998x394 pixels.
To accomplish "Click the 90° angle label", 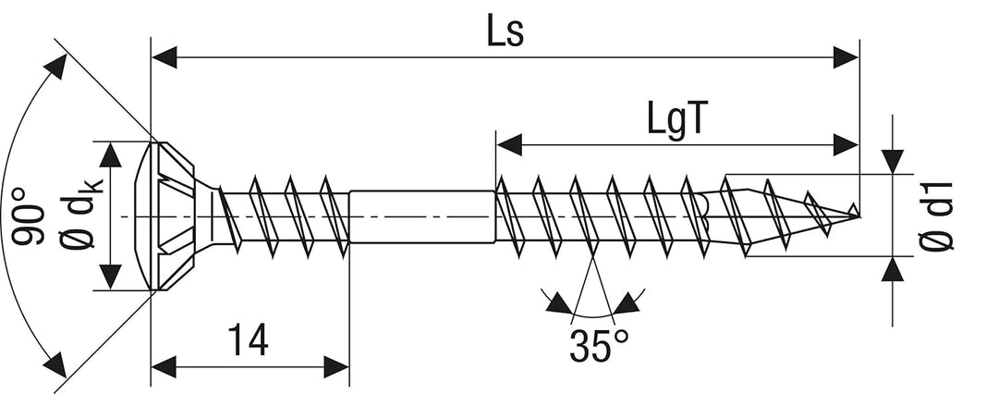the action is tap(28, 215).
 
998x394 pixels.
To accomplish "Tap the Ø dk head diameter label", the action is tap(80, 214).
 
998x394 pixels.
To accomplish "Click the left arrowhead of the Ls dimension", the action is tap(164, 57).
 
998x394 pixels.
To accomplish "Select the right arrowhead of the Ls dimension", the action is tap(846, 57).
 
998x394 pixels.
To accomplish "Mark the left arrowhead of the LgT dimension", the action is tap(509, 144).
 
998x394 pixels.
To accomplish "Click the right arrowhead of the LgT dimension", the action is tap(846, 144).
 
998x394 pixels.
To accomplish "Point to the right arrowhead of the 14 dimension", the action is tap(336, 367).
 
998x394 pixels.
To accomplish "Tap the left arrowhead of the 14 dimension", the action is tap(164, 367).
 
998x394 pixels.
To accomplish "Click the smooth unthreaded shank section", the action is tap(422, 216).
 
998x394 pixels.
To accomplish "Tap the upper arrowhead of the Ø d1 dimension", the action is tap(893, 162).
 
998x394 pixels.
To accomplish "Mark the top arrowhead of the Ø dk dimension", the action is tap(110, 154).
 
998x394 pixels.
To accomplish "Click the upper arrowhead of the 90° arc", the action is tap(56, 66).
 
